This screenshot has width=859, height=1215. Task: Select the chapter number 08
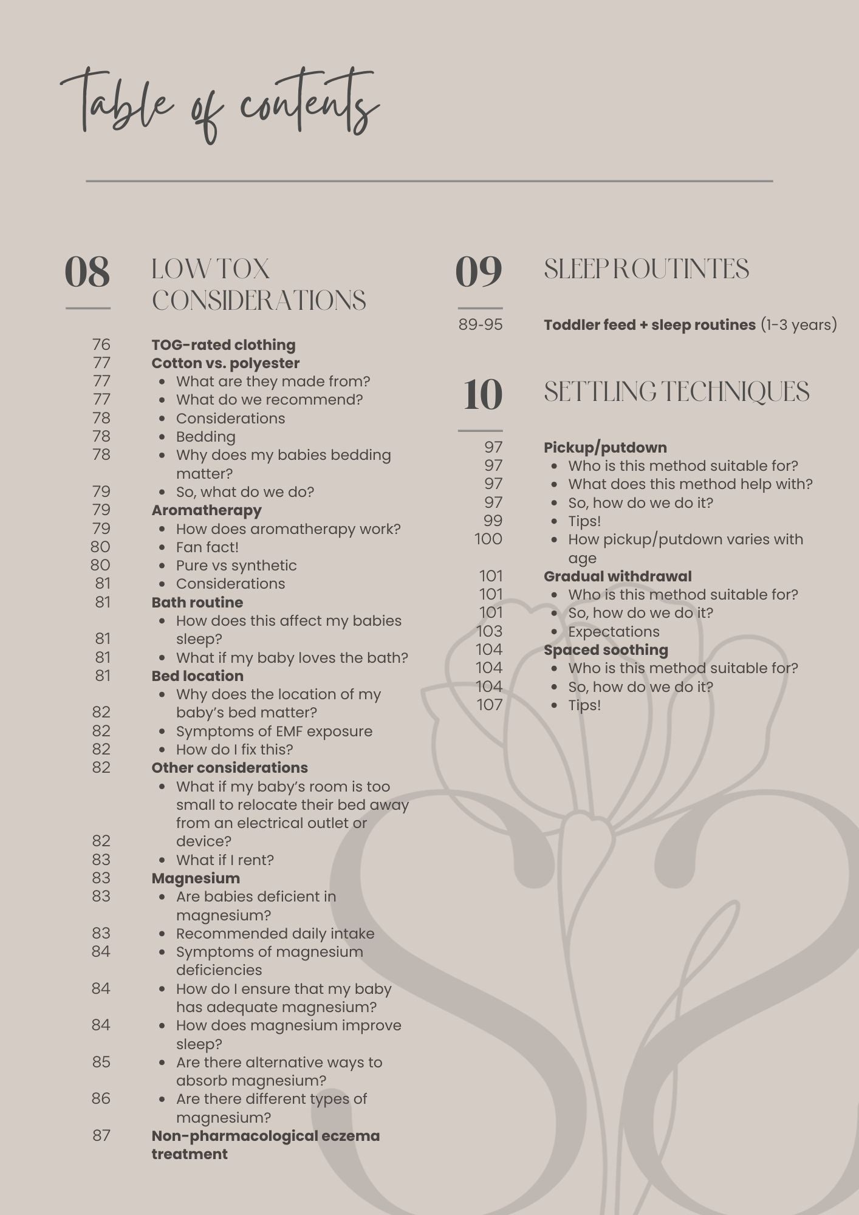point(87,272)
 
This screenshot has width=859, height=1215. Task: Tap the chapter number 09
point(479,272)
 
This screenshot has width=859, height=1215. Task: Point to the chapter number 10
point(483,394)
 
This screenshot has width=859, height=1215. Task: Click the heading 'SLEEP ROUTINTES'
point(646,270)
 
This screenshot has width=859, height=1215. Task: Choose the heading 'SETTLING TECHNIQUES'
point(676,392)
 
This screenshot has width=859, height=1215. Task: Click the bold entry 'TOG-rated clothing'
point(224,345)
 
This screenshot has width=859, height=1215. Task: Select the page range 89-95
point(481,325)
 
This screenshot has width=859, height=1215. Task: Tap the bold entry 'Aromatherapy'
point(207,510)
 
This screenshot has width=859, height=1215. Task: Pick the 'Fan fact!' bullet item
point(207,547)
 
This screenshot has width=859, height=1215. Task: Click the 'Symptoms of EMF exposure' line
point(274,731)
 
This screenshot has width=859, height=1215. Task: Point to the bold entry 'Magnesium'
point(196,878)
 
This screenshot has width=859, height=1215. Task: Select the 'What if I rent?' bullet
point(225,860)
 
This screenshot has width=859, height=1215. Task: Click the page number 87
point(101,1135)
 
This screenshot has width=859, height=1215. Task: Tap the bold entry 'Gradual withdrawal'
point(617,577)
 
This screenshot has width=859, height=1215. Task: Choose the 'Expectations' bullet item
point(614,632)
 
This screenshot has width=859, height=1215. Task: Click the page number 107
point(490,705)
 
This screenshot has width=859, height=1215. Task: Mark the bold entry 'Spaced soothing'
point(606,650)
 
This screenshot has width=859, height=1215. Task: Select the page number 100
point(488,539)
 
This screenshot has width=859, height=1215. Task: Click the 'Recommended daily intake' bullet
point(275,934)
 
